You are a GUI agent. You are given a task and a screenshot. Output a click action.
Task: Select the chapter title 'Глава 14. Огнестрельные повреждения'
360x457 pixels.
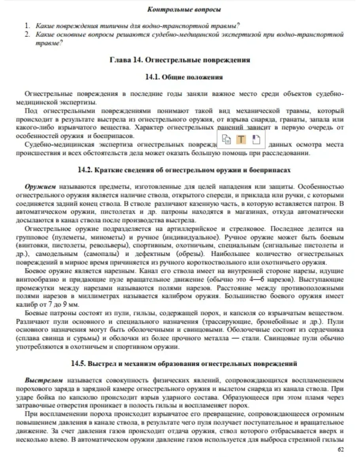pos(180,60)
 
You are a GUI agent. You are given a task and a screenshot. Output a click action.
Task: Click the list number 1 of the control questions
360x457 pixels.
pos(28,26)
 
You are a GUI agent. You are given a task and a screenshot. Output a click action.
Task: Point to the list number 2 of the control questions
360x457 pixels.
pos(28,34)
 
